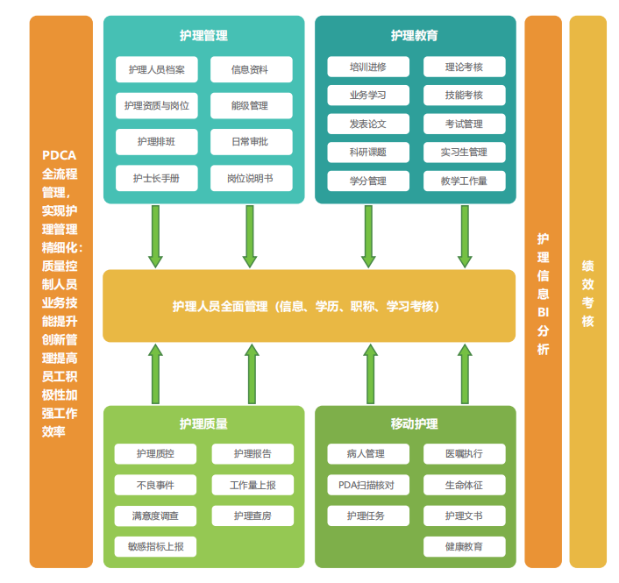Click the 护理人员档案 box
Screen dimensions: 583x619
pos(156,69)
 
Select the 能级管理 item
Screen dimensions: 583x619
pos(251,106)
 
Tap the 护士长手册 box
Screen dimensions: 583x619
pos(156,178)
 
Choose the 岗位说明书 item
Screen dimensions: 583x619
pos(251,178)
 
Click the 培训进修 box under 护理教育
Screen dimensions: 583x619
pos(367,67)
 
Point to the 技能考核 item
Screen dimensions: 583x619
pos(464,95)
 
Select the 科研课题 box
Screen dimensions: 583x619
pos(367,152)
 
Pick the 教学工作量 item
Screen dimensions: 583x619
pos(464,181)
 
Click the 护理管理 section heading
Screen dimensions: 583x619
pos(203,36)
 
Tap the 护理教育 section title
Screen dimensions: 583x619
pos(415,36)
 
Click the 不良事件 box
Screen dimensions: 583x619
pos(155,485)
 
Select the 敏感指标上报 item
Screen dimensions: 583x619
pos(155,546)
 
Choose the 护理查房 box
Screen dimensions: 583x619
pos(253,515)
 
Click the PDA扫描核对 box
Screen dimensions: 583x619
pos(366,485)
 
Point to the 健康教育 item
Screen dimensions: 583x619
pos(464,546)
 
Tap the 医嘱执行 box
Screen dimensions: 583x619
pos(464,454)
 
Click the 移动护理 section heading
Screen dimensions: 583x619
pos(415,423)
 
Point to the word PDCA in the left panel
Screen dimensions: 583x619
pos(60,155)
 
